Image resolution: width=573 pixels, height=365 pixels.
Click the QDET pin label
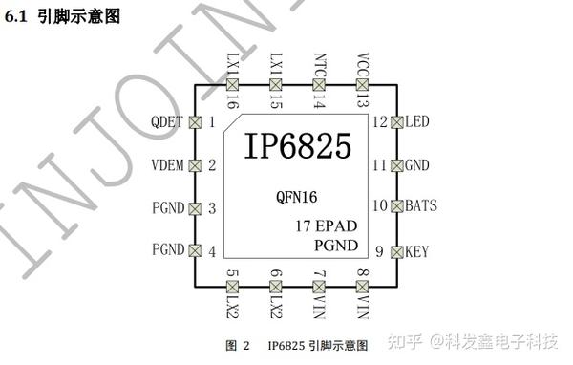(x=168, y=122)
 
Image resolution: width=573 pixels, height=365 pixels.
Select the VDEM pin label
(x=168, y=165)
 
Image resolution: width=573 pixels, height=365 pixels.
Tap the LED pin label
(x=417, y=122)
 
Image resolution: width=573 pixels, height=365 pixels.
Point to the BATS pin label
(x=421, y=205)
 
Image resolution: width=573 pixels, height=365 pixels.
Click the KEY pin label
(x=417, y=252)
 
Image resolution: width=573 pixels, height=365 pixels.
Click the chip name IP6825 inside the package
(x=297, y=146)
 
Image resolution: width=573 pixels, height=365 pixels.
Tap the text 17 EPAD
(x=328, y=227)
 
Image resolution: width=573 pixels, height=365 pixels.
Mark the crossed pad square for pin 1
(x=195, y=122)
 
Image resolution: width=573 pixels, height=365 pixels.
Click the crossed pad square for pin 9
(x=396, y=251)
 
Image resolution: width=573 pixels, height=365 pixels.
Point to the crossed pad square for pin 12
(x=396, y=122)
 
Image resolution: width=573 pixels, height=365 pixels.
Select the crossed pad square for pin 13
(x=363, y=84)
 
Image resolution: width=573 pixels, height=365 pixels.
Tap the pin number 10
(x=380, y=205)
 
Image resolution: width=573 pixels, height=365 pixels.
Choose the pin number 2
(x=212, y=165)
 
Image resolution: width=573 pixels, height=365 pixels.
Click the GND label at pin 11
(x=417, y=165)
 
